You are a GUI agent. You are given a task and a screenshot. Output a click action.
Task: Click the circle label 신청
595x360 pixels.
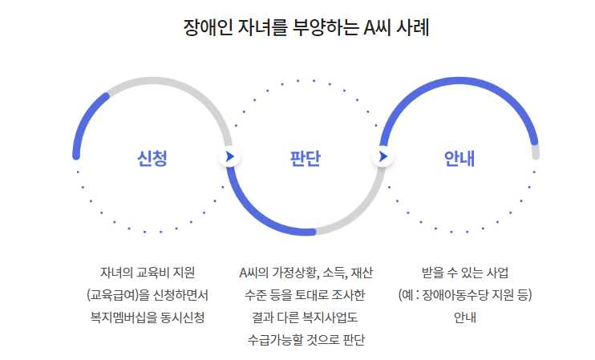(x=152, y=157)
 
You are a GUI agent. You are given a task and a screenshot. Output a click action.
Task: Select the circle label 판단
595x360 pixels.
(x=306, y=157)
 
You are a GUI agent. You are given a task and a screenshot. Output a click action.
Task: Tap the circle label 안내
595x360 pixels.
(x=459, y=157)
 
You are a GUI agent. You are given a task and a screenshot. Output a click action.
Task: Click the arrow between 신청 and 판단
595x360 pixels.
(x=229, y=156)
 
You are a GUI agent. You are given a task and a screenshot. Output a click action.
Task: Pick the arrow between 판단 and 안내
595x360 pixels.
(x=382, y=156)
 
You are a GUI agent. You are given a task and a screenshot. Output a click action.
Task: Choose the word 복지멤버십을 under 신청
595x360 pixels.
(x=123, y=318)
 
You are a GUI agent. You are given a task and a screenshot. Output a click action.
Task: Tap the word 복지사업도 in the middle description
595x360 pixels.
(x=330, y=318)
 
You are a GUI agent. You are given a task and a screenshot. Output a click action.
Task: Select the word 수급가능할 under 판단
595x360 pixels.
(x=277, y=340)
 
